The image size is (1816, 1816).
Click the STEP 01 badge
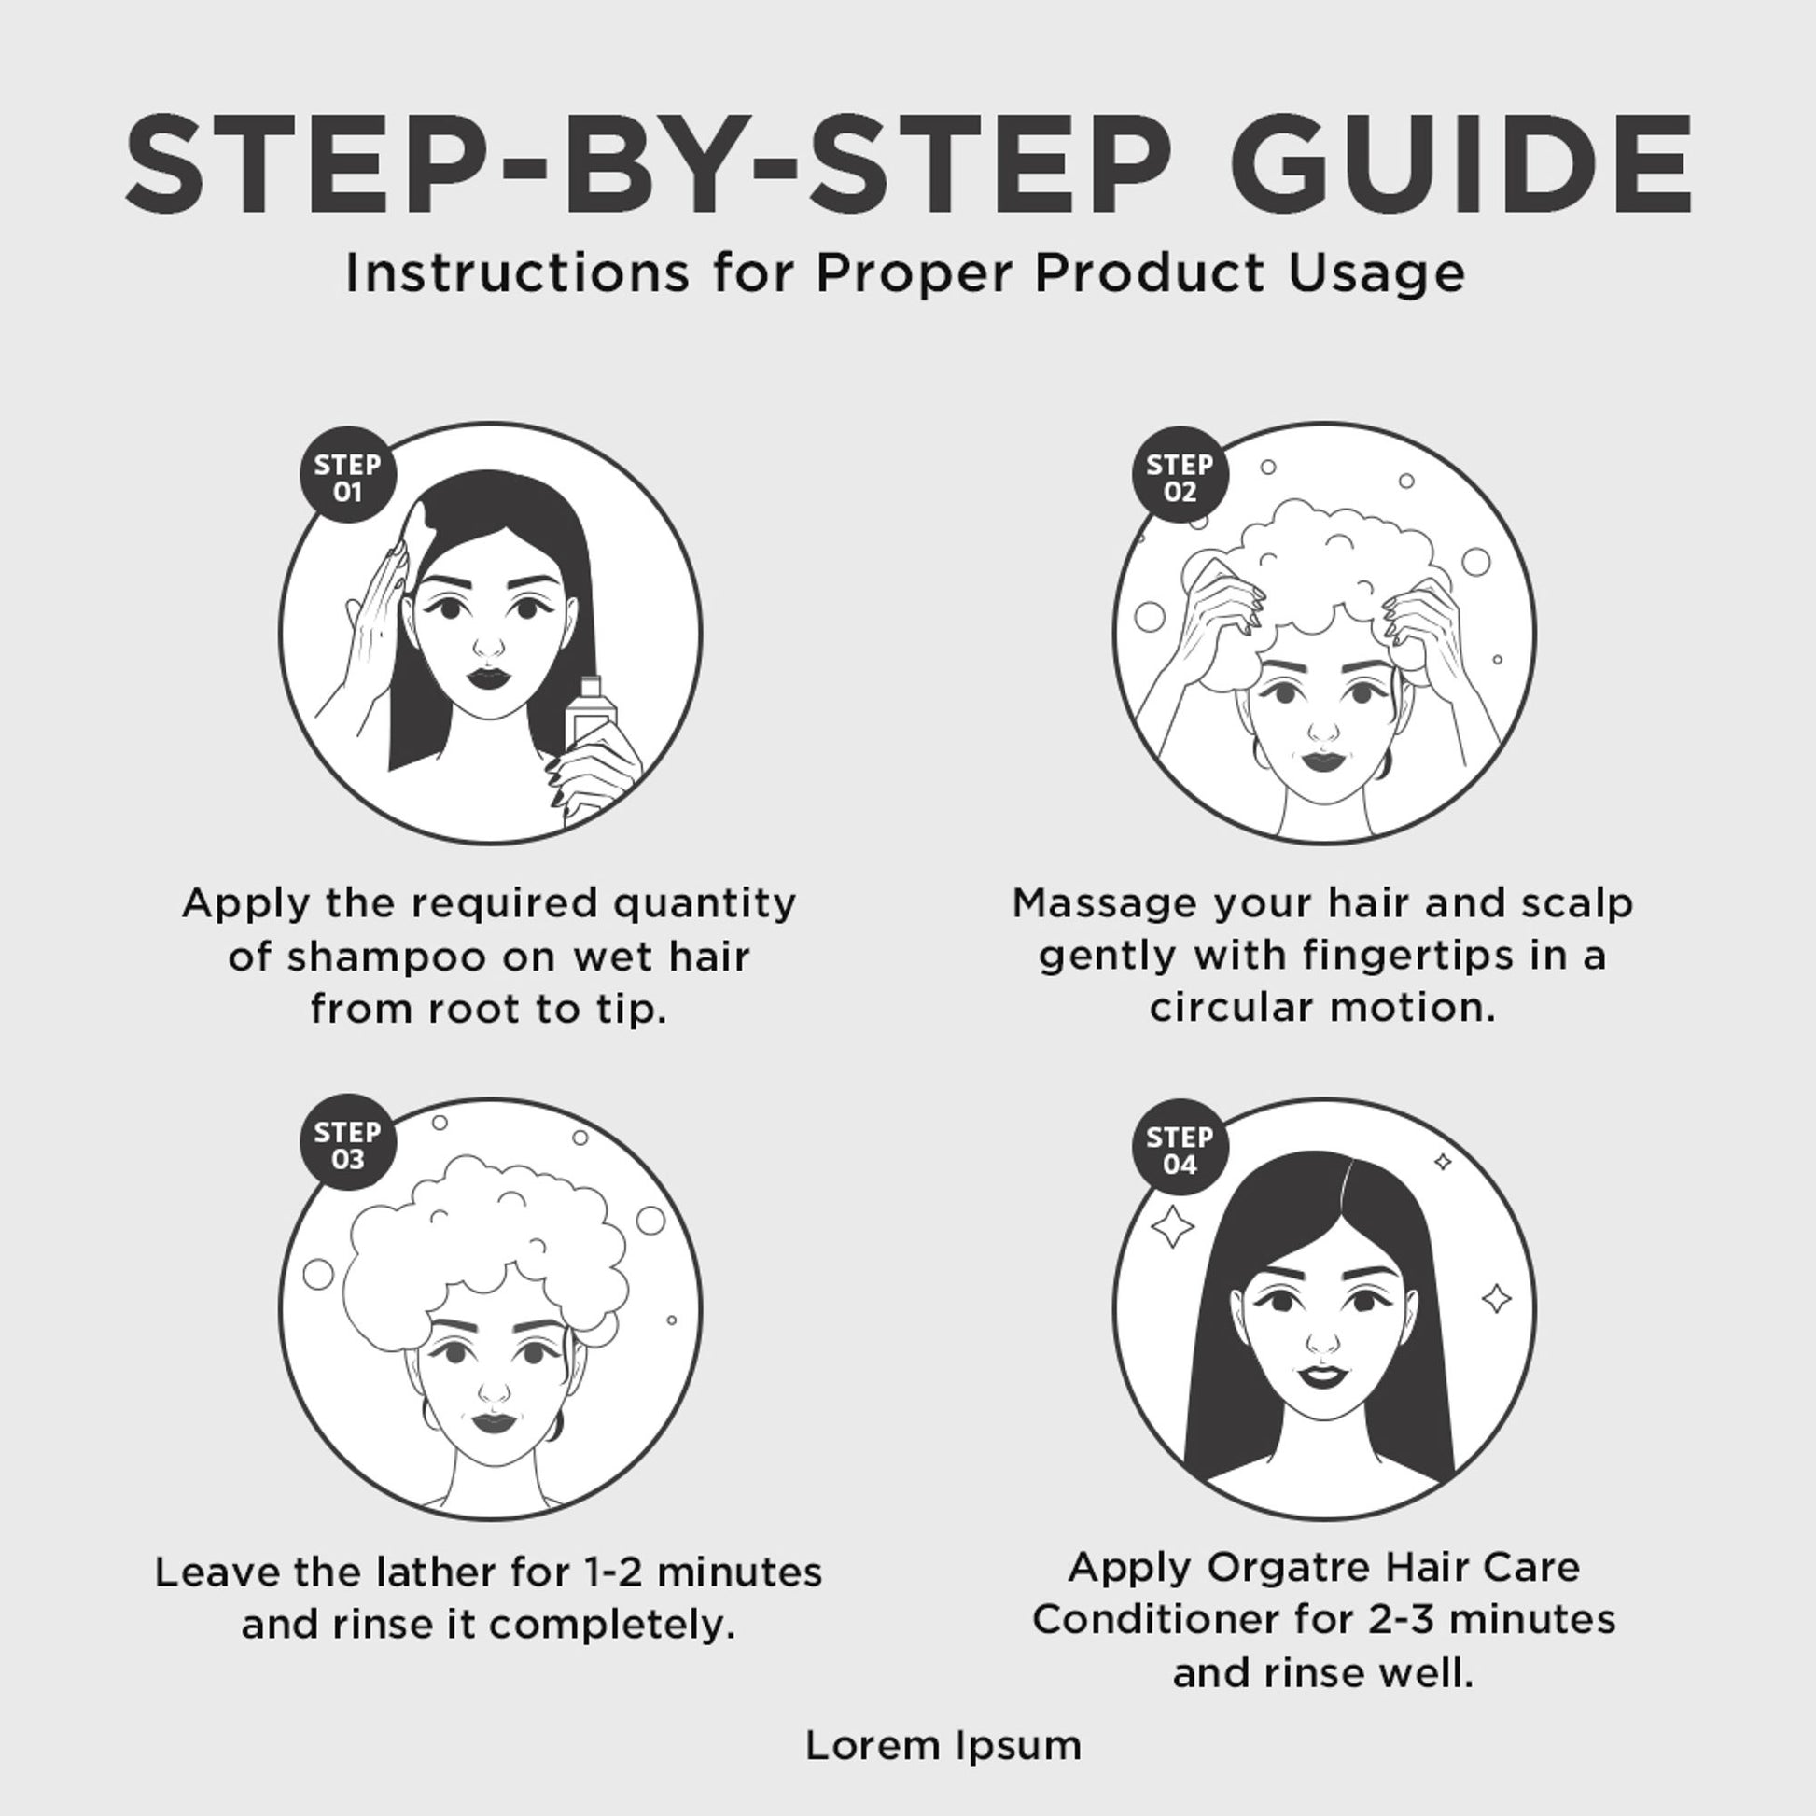point(348,476)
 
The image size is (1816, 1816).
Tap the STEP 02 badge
point(1180,476)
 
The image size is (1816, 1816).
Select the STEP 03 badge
point(348,1143)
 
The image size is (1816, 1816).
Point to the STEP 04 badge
point(1180,1148)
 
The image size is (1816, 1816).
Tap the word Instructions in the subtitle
point(516,272)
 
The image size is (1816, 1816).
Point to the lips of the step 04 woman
point(1322,1376)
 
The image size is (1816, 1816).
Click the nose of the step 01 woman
point(488,646)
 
